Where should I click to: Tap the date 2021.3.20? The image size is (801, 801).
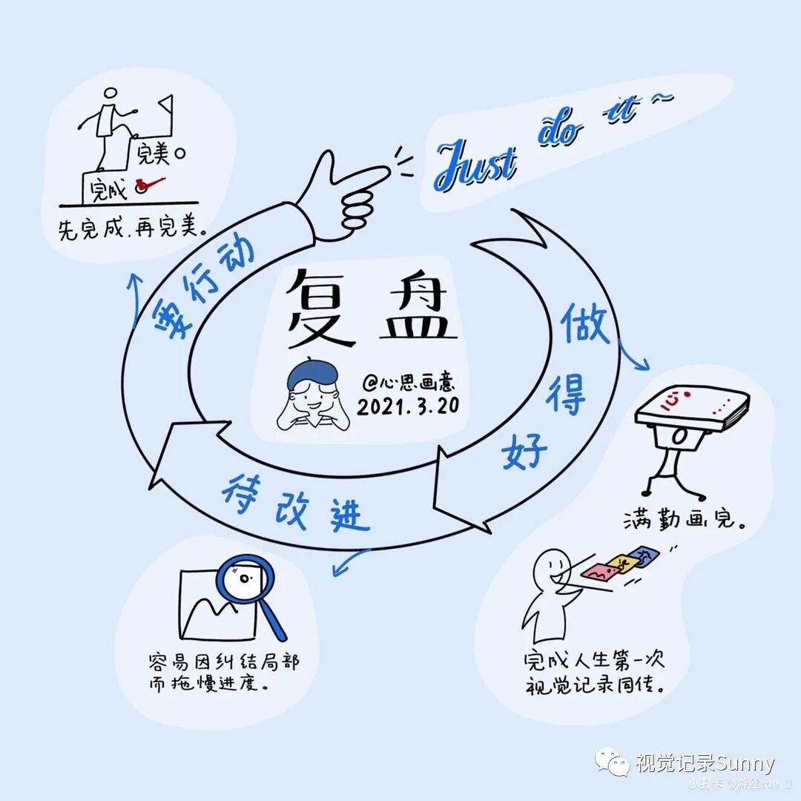point(406,406)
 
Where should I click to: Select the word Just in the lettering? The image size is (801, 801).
point(475,165)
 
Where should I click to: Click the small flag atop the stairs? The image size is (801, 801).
point(166,102)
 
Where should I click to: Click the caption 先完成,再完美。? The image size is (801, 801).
point(132,228)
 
